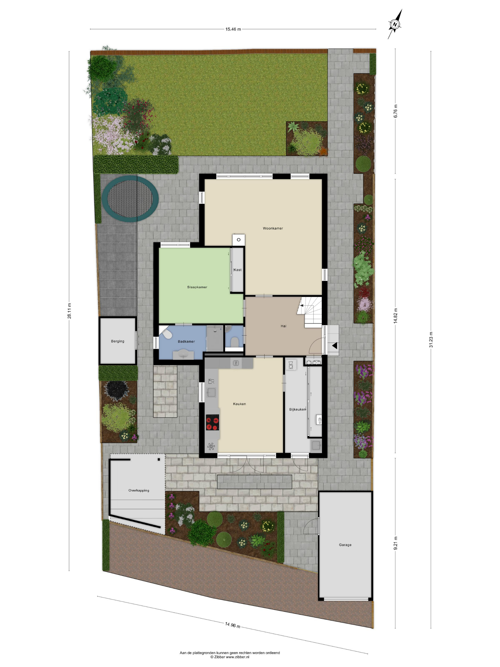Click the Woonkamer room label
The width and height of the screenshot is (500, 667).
tap(273, 228)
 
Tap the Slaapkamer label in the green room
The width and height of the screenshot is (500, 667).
tap(197, 287)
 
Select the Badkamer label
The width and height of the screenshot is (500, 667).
tap(186, 341)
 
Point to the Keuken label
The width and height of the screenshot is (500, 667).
tap(239, 404)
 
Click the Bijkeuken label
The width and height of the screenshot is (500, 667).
tap(297, 409)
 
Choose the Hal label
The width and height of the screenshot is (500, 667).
tap(283, 326)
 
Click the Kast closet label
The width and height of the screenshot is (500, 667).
tap(237, 270)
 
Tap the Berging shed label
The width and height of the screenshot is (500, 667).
tap(118, 341)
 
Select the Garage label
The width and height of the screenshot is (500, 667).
tap(345, 545)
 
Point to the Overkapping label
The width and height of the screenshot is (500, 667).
tap(139, 490)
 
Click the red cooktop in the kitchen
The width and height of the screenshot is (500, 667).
tap(212, 422)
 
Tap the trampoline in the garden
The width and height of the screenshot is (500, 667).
tap(130, 198)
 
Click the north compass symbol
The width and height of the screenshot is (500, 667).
tap(395, 24)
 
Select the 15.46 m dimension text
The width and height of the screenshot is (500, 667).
tap(233, 29)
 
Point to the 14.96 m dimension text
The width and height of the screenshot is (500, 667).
tap(232, 625)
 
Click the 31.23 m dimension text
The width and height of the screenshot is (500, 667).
tap(431, 339)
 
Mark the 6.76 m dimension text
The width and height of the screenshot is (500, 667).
tap(395, 111)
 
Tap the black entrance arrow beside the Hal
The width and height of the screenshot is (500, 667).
tap(334, 346)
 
